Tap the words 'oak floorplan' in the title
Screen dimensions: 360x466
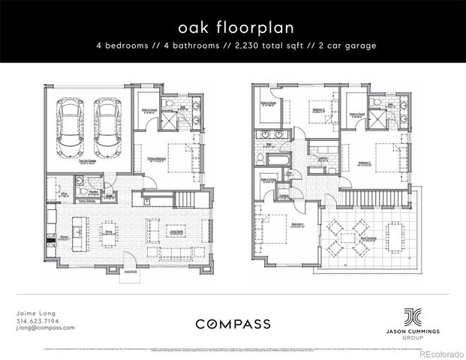(232, 27)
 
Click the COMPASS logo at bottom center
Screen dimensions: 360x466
(233, 323)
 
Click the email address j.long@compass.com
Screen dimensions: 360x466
(45, 328)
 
